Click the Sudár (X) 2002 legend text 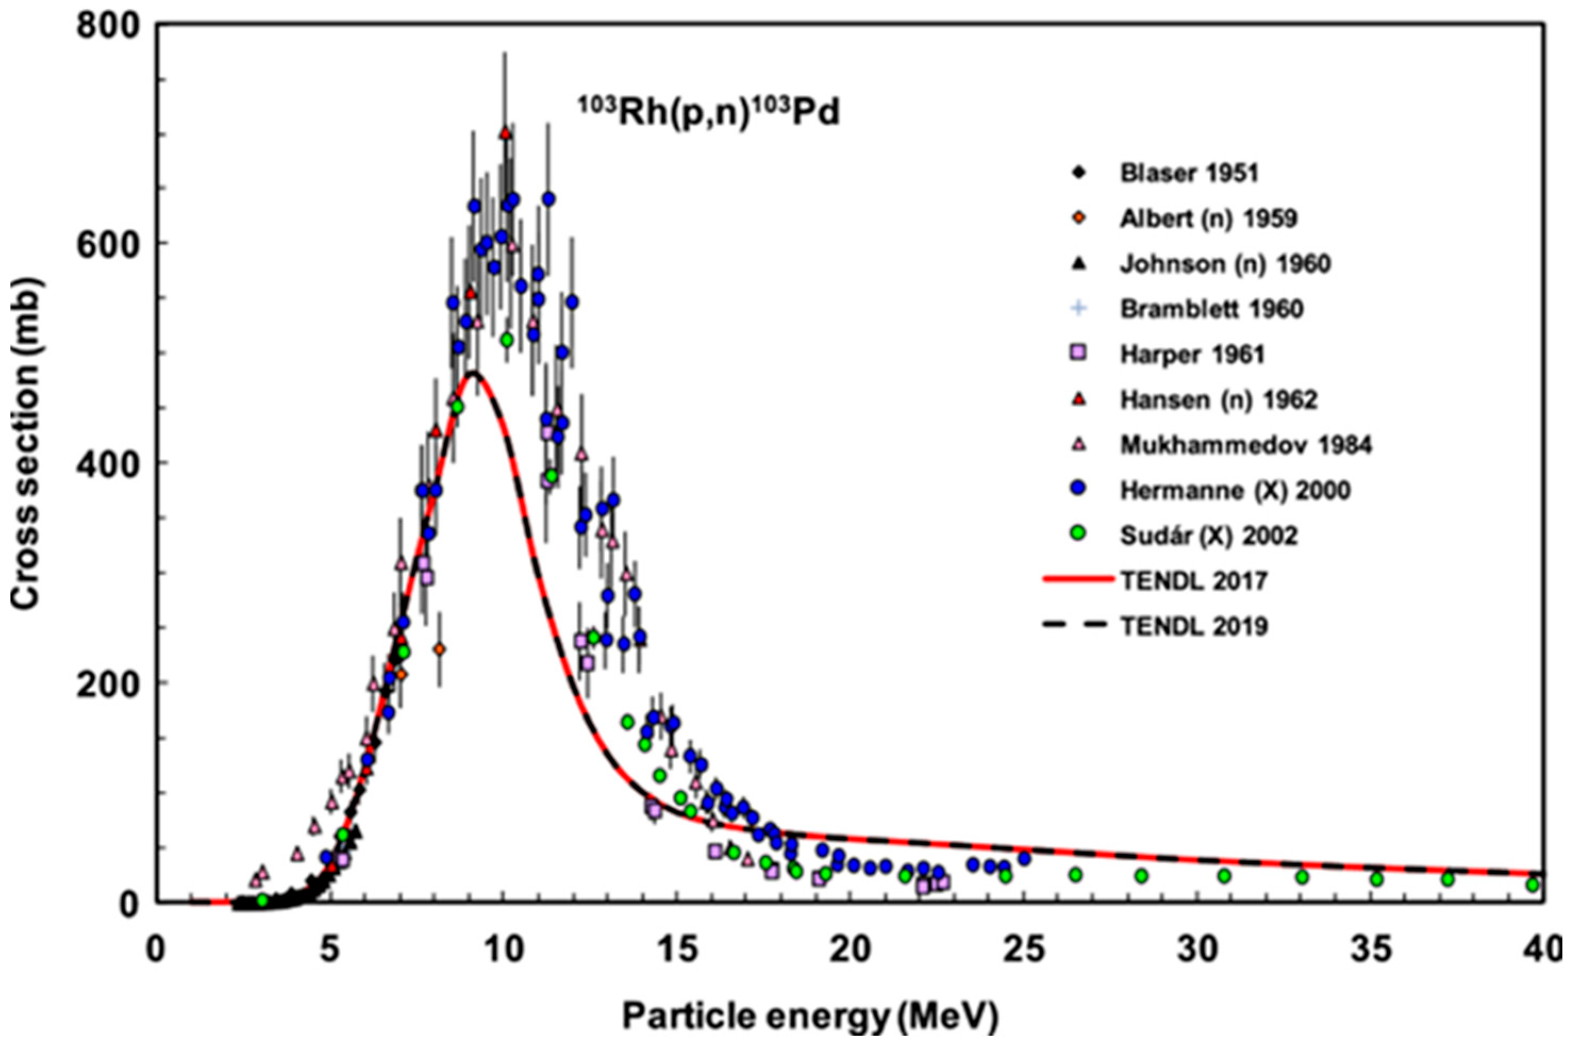[x=1208, y=536]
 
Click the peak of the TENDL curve [x=474, y=374]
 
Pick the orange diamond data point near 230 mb [x=439, y=648]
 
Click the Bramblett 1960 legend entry [x=1210, y=309]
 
